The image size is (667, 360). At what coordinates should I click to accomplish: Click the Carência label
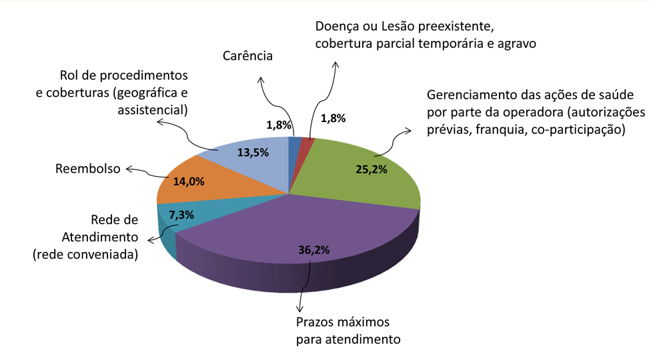(x=247, y=56)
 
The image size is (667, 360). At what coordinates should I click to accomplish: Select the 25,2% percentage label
(x=372, y=169)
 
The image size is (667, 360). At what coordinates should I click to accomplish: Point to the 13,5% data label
(x=253, y=152)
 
